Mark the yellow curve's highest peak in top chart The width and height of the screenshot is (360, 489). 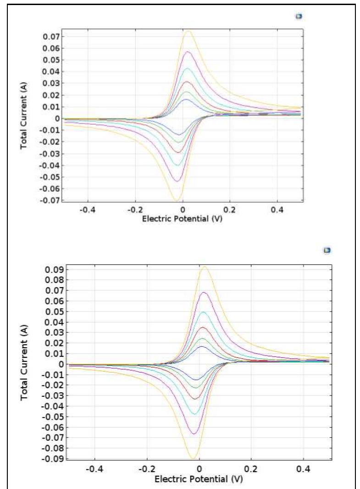coord(188,31)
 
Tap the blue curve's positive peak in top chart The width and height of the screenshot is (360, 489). coord(186,99)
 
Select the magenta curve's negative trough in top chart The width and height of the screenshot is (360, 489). coord(177,181)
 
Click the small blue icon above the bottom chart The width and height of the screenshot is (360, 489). coord(327,250)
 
